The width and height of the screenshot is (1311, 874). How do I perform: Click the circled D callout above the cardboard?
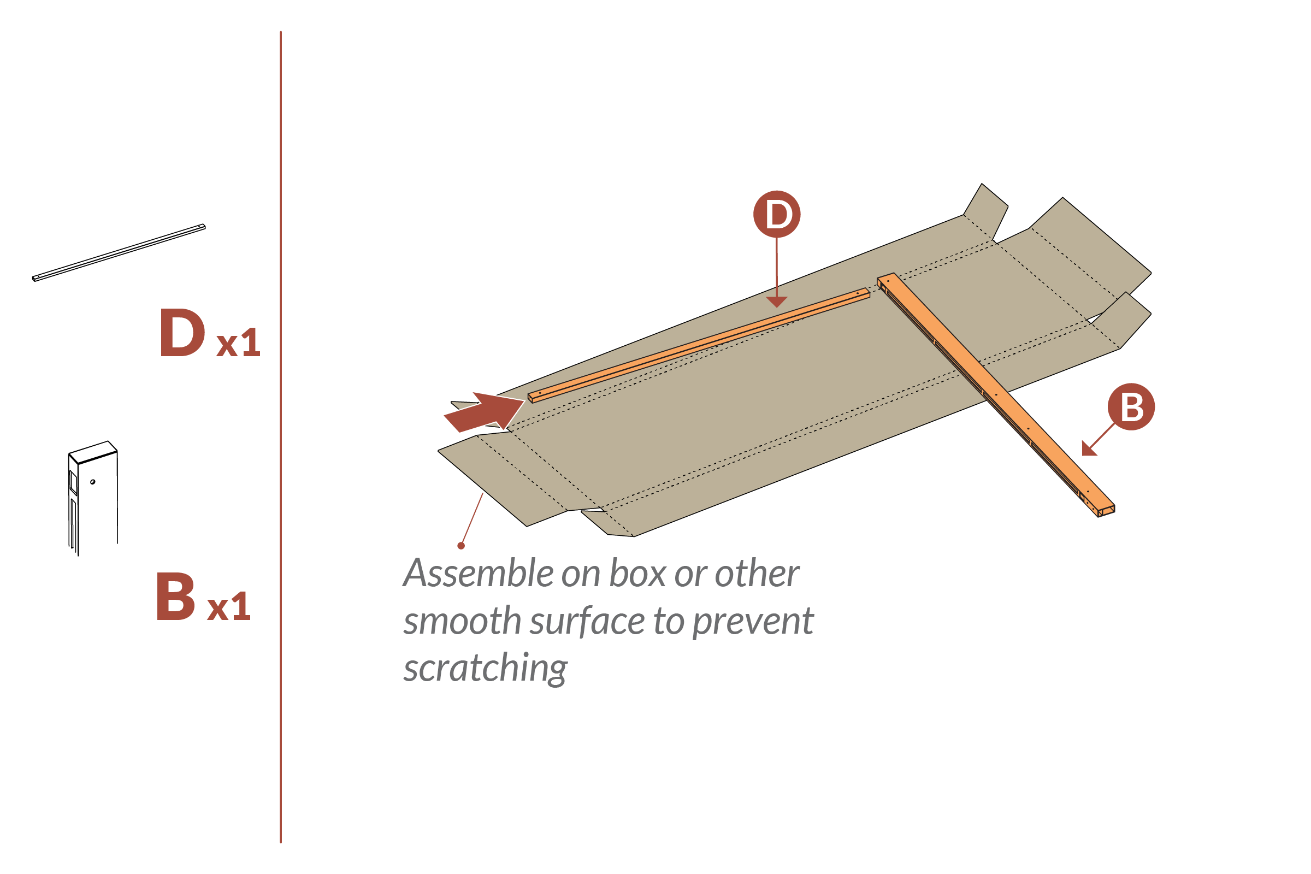[x=776, y=214]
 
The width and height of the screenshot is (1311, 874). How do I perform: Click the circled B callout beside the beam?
[x=1131, y=406]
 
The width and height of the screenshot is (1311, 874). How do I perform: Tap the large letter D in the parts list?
[x=182, y=333]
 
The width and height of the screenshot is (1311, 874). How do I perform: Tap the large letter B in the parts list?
[x=175, y=597]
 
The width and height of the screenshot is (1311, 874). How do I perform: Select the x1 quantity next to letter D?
[x=239, y=343]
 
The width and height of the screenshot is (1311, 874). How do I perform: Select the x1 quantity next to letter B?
[x=228, y=606]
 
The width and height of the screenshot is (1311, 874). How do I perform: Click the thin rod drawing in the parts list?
[x=119, y=252]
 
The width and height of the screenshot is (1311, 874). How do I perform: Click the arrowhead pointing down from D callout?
[x=776, y=302]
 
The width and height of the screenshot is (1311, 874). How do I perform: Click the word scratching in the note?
[x=485, y=668]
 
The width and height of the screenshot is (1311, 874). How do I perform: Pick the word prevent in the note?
[x=753, y=621]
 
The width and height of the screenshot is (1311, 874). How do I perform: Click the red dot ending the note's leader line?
[x=461, y=546]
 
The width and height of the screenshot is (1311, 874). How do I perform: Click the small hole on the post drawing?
[x=92, y=482]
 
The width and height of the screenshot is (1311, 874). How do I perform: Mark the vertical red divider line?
[x=280, y=435]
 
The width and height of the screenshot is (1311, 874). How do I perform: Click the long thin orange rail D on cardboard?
[x=697, y=346]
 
